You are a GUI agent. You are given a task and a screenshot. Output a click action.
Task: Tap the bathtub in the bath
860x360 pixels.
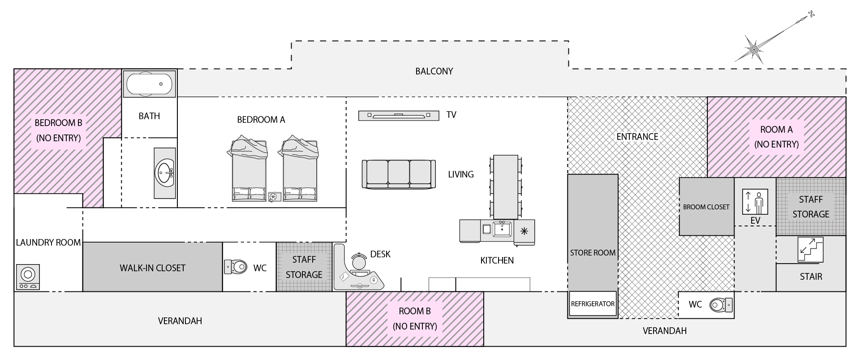click(x=149, y=83)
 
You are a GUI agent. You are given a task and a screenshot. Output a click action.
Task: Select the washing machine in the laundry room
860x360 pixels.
click(x=28, y=277)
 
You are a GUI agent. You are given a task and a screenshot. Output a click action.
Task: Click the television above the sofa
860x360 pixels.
click(x=399, y=116)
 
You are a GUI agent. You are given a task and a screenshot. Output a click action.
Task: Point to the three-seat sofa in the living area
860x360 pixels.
click(x=399, y=174)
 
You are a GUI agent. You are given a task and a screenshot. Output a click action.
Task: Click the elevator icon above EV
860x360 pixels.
click(x=755, y=202)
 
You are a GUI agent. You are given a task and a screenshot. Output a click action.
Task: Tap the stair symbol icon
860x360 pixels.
click(x=810, y=249)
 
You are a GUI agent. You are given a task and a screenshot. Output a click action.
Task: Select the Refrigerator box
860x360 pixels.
click(x=593, y=304)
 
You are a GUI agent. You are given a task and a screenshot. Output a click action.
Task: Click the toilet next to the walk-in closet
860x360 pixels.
click(x=236, y=267)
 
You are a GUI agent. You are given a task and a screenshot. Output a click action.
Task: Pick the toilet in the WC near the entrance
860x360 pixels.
click(x=721, y=305)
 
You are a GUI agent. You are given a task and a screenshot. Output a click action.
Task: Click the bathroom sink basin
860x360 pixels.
click(x=165, y=173)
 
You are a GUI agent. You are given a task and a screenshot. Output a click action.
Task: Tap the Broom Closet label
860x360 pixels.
click(x=706, y=207)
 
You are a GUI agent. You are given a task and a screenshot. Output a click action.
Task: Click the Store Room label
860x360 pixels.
click(x=593, y=253)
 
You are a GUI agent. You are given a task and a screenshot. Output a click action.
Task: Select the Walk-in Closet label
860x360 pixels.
click(x=152, y=268)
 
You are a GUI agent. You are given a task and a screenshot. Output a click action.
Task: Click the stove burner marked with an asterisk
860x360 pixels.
click(x=524, y=231)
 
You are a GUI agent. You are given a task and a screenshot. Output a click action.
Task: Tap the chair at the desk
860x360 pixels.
click(x=358, y=261)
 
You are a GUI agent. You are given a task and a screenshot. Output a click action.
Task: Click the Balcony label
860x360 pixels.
click(x=434, y=71)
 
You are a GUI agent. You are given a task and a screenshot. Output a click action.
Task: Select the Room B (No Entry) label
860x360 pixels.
click(x=415, y=318)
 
